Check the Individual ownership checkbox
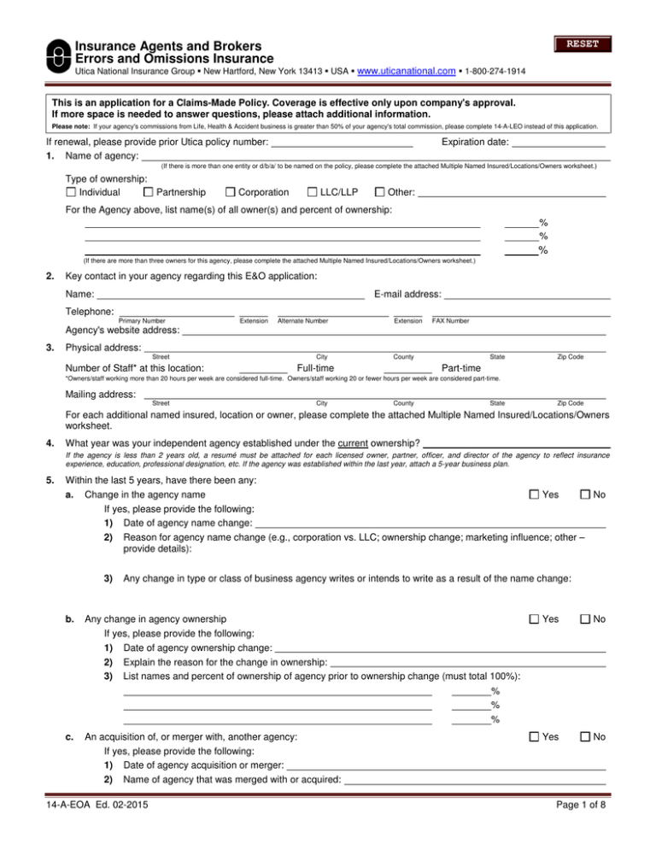coord(71,192)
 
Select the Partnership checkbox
coord(149,192)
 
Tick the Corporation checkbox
coord(230,192)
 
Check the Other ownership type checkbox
coord(380,192)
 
